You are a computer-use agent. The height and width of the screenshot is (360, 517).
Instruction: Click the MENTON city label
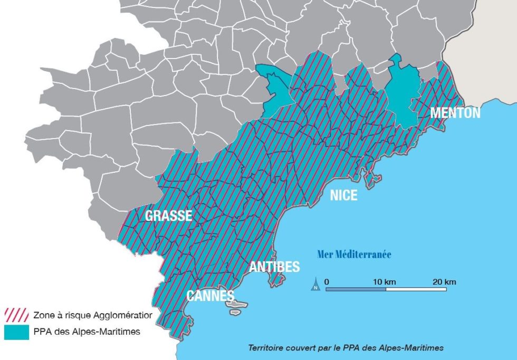(x=455, y=113)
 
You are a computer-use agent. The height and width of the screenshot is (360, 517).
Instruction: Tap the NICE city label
(x=343, y=196)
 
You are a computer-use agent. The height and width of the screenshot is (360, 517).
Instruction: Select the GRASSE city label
(x=169, y=216)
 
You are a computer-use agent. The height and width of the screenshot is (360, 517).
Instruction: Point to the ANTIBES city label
(x=274, y=267)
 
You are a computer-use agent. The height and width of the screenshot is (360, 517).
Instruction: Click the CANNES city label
(x=210, y=296)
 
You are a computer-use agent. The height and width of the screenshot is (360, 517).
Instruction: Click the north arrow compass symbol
(x=315, y=285)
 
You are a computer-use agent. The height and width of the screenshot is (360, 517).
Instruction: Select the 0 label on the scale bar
(x=327, y=282)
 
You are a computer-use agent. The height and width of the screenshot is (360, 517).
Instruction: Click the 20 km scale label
(x=444, y=282)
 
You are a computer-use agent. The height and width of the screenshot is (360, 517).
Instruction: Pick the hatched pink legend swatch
(x=16, y=315)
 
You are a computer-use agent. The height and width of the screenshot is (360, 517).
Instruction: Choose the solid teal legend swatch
(x=16, y=332)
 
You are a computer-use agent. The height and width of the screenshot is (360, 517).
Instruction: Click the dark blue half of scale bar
(x=356, y=289)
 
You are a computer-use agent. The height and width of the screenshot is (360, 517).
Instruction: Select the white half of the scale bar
(x=416, y=289)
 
